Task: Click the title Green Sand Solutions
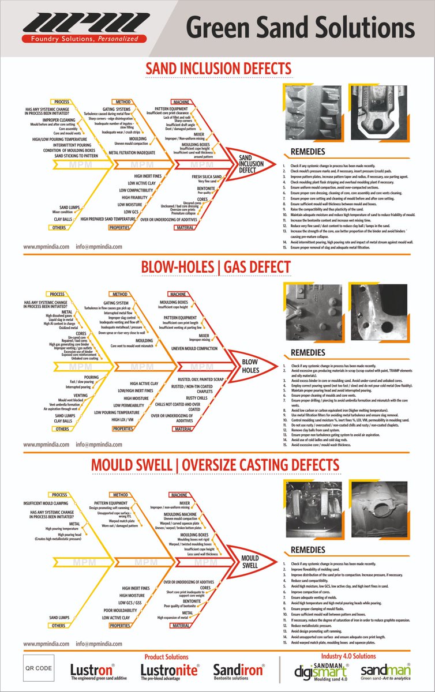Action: click(301, 28)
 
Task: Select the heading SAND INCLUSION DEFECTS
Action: click(218, 69)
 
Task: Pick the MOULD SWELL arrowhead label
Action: click(250, 562)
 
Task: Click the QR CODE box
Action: click(38, 668)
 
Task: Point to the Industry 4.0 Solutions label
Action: click(348, 656)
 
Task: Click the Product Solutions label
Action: click(166, 656)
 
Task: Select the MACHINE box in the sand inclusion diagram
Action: click(181, 101)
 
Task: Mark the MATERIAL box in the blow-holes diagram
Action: click(183, 429)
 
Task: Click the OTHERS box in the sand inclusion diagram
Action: click(59, 228)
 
